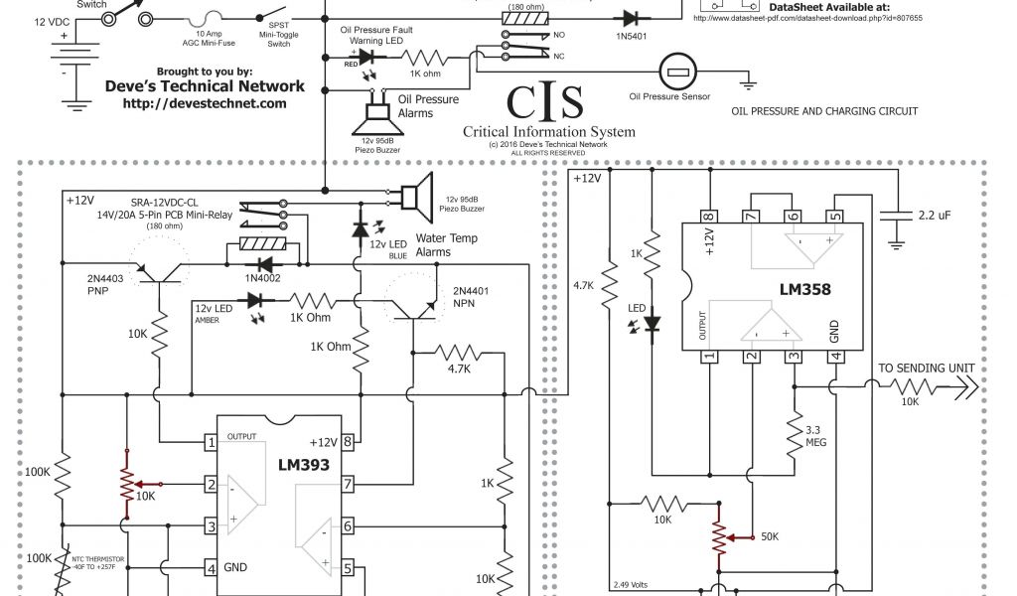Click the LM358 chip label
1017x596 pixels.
(x=805, y=290)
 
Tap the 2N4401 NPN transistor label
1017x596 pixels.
(x=475, y=298)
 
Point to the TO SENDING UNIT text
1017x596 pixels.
(x=927, y=369)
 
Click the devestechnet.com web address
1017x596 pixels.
(x=206, y=103)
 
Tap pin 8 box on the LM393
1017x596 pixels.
(x=350, y=442)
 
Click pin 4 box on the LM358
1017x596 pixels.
(x=836, y=358)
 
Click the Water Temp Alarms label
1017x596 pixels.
(x=446, y=245)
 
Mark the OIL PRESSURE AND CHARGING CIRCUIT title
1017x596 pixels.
(x=824, y=111)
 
